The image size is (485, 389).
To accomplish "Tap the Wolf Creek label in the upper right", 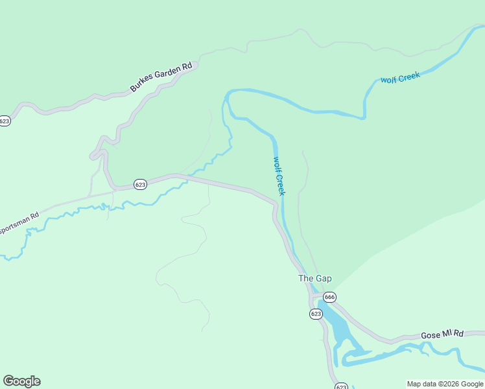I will coord(400,78).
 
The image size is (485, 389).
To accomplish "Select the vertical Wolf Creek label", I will coord(279,176).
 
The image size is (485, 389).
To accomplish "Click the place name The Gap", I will coord(314,279).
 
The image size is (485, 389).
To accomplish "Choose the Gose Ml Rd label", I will coord(442,334).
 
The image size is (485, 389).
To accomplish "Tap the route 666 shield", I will coord(329,297).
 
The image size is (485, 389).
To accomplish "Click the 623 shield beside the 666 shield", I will coord(316,314).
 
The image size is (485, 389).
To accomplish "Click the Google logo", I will coord(21,381).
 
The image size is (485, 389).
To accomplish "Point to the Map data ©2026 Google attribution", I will coord(445,384).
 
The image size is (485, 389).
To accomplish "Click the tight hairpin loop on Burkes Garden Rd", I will coord(97,154).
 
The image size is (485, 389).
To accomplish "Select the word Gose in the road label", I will coord(430,335).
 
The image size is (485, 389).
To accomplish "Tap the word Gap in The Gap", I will coord(324,279).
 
